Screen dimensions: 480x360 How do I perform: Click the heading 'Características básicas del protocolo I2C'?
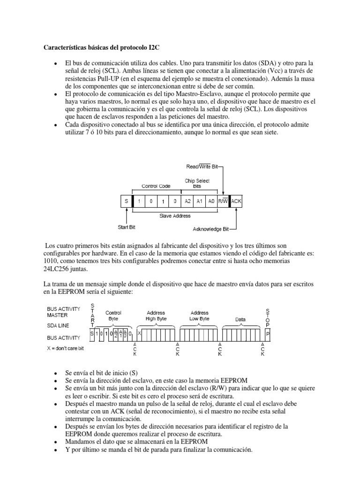[102, 47]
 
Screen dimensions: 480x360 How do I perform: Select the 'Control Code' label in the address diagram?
[156, 186]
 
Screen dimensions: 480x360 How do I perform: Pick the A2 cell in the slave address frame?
[187, 201]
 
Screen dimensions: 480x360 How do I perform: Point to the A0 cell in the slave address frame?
[211, 201]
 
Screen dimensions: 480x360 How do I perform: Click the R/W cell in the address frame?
[223, 201]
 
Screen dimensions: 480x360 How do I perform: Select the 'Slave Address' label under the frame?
[175, 216]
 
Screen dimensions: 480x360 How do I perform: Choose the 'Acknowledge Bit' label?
[210, 229]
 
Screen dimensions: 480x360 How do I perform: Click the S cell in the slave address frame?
[126, 201]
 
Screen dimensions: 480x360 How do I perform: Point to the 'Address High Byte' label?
[156, 315]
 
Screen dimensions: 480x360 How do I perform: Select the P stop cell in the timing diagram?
[268, 334]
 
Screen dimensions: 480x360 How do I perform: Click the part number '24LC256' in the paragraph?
[56, 270]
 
